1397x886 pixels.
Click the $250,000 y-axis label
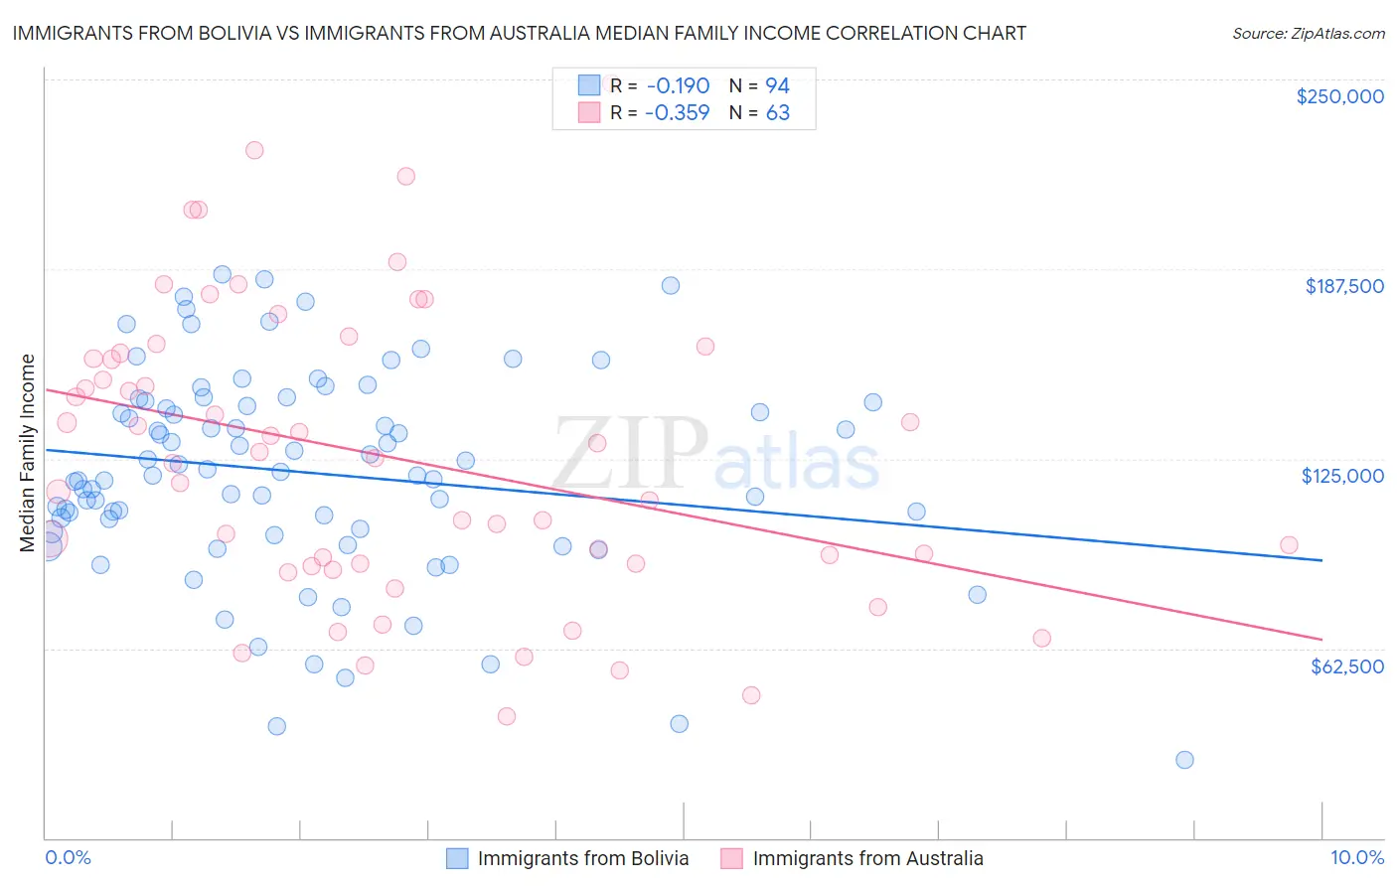[1339, 96]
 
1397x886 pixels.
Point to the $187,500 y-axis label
[1343, 286]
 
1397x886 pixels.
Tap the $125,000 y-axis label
[1342, 476]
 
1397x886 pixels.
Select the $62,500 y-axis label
[1346, 665]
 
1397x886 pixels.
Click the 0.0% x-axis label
[68, 857]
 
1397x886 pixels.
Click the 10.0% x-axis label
[1356, 857]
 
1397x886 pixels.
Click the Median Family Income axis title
[28, 453]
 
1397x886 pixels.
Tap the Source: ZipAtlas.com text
[1308, 34]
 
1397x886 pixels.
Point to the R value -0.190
[677, 85]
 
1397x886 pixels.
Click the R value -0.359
[677, 113]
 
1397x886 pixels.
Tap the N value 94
[777, 85]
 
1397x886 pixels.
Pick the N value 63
[777, 113]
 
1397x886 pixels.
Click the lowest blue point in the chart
[1184, 760]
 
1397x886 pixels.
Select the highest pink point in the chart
[254, 150]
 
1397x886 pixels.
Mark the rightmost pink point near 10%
[1289, 544]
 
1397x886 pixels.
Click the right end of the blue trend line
[1321, 560]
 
